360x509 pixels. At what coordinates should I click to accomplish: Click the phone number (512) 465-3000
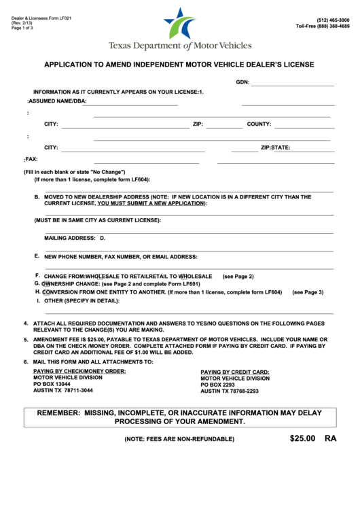(333, 21)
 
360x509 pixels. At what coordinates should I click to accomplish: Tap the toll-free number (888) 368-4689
(323, 27)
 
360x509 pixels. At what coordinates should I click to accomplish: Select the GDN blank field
(293, 82)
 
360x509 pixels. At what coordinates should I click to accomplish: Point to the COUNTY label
(259, 124)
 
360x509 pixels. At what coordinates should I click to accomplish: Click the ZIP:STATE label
(275, 147)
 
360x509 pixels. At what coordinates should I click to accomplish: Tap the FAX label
(31, 158)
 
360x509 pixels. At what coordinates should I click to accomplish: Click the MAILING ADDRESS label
(69, 238)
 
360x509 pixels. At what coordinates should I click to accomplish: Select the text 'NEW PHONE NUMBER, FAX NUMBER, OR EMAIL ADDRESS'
(120, 257)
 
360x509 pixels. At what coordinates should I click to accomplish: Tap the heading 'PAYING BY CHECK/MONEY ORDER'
(79, 371)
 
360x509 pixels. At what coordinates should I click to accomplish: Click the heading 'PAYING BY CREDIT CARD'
(234, 372)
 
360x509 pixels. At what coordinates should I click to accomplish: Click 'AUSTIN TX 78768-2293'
(229, 391)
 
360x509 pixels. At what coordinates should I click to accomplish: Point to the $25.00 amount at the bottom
(302, 439)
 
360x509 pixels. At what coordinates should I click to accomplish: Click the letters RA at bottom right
(330, 439)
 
